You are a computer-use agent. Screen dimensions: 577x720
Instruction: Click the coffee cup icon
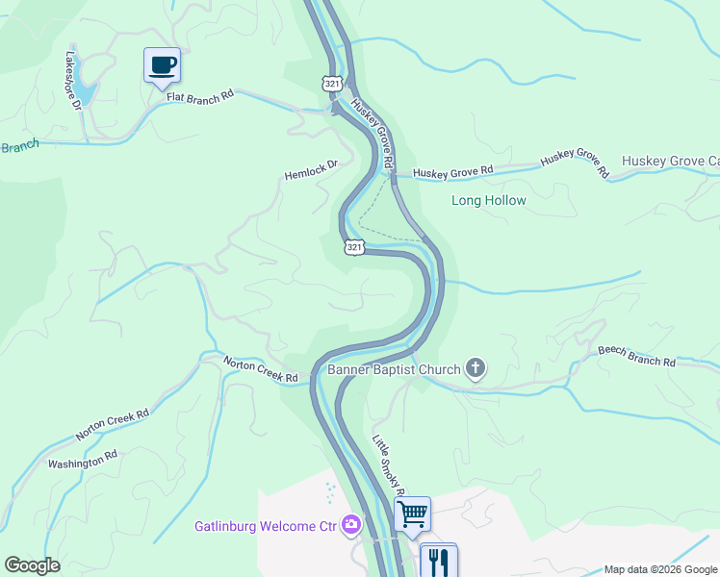pyautogui.click(x=162, y=65)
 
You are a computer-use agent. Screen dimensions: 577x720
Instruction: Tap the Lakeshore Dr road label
pyautogui.click(x=73, y=81)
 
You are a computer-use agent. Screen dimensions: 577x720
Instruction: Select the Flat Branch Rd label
pyautogui.click(x=200, y=96)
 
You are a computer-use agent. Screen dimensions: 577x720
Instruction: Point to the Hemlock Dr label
pyautogui.click(x=311, y=170)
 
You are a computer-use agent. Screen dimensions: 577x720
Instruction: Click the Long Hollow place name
pyautogui.click(x=489, y=201)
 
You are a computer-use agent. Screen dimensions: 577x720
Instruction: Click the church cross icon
pyautogui.click(x=475, y=367)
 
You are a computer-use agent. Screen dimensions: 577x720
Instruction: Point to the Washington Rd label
pyautogui.click(x=83, y=462)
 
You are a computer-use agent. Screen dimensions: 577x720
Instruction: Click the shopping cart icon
pyautogui.click(x=412, y=514)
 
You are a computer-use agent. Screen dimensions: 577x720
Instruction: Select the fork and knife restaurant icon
pyautogui.click(x=438, y=560)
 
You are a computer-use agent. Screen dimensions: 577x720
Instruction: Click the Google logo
pyautogui.click(x=32, y=565)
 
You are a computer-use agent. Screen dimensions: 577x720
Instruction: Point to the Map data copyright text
pyautogui.click(x=659, y=569)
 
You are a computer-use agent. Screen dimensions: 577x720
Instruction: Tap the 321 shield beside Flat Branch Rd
pyautogui.click(x=332, y=84)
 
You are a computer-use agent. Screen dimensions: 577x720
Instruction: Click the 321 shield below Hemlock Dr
pyautogui.click(x=354, y=247)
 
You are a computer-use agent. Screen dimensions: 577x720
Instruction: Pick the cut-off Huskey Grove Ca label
pyautogui.click(x=671, y=161)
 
